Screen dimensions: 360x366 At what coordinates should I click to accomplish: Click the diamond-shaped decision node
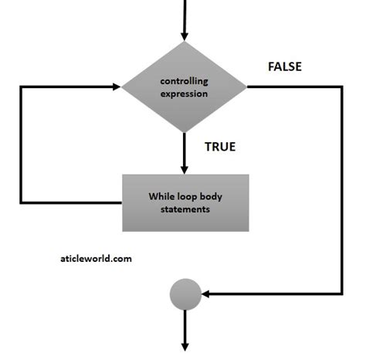184,87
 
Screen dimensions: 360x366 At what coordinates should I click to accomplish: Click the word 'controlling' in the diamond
184,81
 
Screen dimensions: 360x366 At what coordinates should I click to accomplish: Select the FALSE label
284,66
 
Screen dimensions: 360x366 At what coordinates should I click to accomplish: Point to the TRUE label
219,146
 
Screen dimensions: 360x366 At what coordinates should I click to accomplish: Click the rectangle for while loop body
185,202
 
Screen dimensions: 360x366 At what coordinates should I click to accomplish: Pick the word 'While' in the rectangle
162,196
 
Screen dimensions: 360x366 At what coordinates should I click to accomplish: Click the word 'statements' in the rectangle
185,209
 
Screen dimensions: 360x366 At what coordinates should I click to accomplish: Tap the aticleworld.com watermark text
96,259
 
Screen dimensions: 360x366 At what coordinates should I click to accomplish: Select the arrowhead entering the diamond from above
184,36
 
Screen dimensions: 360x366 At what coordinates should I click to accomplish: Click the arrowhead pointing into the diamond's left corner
117,87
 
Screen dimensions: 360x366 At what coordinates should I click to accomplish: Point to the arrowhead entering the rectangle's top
184,169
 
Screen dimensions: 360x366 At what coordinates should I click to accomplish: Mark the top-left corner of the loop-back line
22,87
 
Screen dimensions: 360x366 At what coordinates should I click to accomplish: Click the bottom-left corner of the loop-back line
22,202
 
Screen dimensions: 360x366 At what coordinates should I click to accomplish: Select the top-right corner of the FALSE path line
341,87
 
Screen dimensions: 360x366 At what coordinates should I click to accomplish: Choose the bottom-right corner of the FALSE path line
341,294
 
